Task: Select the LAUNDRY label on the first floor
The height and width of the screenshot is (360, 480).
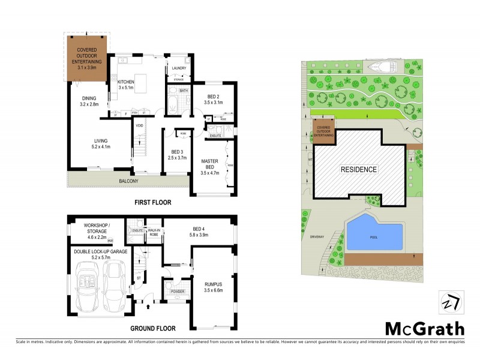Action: (178, 69)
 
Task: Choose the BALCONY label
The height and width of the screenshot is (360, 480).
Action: (128, 181)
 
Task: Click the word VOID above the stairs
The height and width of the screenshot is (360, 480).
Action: (139, 125)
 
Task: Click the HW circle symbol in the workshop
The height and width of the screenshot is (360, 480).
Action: (110, 241)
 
